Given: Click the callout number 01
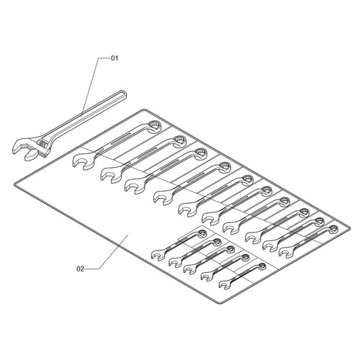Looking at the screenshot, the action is click(x=114, y=58).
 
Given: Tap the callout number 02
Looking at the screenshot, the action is click(x=81, y=269).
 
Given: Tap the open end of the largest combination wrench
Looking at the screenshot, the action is click(x=81, y=161).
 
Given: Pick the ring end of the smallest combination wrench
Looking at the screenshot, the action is click(x=262, y=266).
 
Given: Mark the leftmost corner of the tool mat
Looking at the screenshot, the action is click(x=15, y=184).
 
